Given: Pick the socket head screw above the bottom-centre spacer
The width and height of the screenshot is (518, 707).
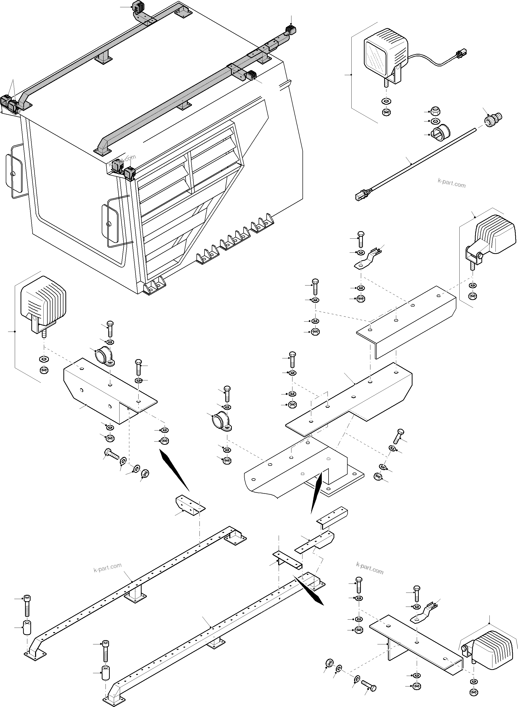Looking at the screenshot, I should [105, 651].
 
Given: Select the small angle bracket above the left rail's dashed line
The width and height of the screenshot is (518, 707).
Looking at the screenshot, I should [189, 505].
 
